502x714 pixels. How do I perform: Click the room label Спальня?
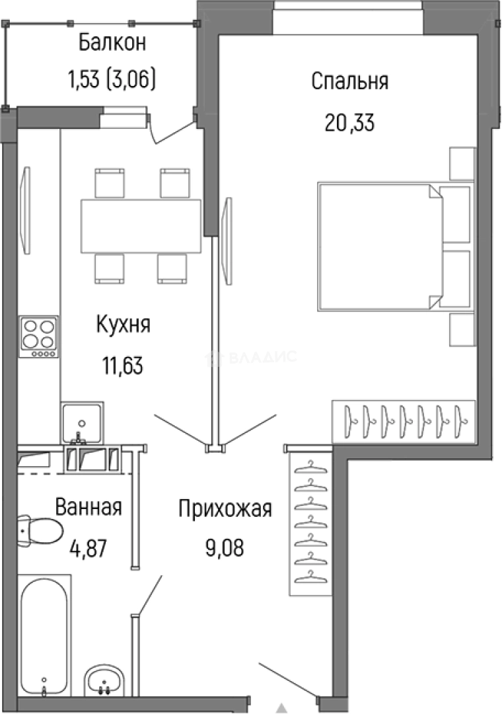tap(349, 83)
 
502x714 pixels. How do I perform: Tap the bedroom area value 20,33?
tap(349, 122)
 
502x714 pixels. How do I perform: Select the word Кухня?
tap(124, 325)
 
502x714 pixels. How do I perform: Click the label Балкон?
tap(112, 43)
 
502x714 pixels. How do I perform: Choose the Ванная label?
tap(89, 508)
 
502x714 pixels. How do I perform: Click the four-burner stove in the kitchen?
tap(38, 337)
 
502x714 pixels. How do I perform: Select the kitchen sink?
tap(82, 422)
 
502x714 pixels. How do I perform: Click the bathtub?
tap(42, 635)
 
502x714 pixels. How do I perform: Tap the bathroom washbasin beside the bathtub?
tap(104, 680)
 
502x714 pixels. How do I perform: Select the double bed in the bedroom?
tap(379, 246)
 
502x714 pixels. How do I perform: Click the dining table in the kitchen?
tap(141, 225)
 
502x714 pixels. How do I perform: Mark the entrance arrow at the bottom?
tap(283, 707)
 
